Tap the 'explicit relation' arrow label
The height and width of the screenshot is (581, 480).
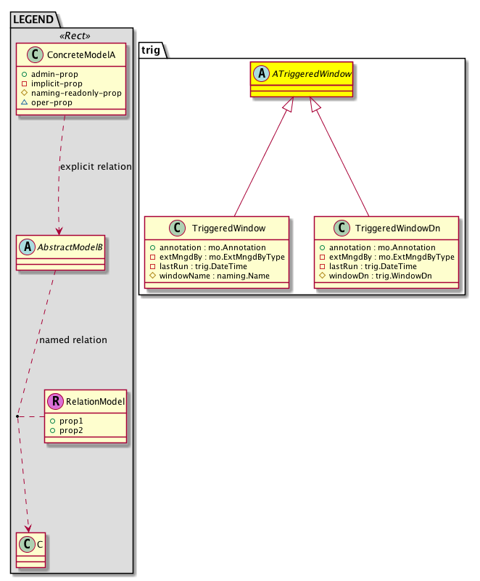pyautogui.click(x=96, y=167)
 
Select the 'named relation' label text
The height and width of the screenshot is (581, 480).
pyautogui.click(x=73, y=339)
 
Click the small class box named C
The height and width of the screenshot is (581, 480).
pyautogui.click(x=29, y=550)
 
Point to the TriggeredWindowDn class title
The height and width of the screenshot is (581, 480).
pyautogui.click(x=396, y=228)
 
